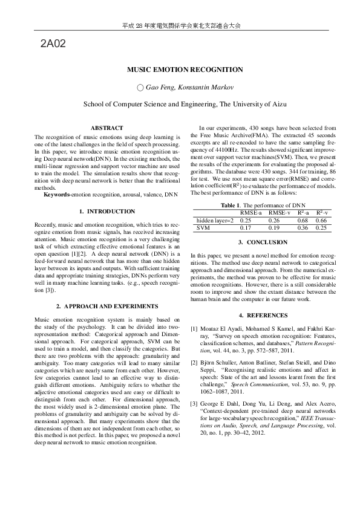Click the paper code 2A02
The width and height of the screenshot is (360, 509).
coord(53,44)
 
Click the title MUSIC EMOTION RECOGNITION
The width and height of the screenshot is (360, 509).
coord(180,70)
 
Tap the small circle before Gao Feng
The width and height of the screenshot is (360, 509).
coord(140,88)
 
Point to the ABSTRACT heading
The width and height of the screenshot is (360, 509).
coord(106,128)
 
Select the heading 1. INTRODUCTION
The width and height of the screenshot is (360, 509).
coord(107,212)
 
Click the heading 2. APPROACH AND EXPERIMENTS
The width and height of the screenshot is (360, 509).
coord(107,306)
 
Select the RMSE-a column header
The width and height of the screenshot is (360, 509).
coord(251,213)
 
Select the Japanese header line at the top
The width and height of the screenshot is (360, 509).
coord(180,26)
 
